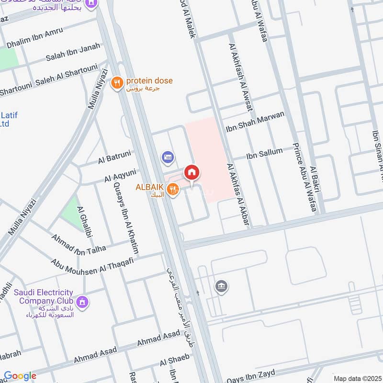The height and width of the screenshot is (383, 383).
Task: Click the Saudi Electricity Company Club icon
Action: [82, 302]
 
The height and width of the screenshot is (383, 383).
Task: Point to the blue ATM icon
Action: [168, 156]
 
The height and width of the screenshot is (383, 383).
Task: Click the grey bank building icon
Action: [221, 286]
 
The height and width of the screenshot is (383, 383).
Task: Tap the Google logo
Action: [20, 376]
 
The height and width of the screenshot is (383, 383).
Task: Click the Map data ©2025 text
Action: [357, 378]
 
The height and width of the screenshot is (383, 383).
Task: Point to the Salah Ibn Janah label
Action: [73, 52]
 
